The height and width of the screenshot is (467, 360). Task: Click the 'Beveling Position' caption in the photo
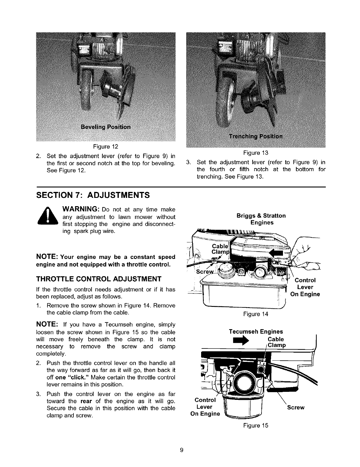106,127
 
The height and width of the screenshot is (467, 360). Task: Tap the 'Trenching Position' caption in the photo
256,136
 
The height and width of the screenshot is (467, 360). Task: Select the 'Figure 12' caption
106,146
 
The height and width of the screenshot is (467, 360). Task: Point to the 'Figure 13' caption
256,153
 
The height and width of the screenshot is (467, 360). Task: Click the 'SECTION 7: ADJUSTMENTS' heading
92,195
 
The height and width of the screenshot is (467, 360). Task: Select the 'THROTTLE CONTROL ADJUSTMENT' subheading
98,279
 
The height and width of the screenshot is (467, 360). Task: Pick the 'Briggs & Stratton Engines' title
261,219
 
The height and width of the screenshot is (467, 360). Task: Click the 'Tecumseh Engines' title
256,332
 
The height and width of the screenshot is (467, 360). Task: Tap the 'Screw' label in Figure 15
296,407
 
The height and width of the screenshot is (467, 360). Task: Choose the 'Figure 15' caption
256,426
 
